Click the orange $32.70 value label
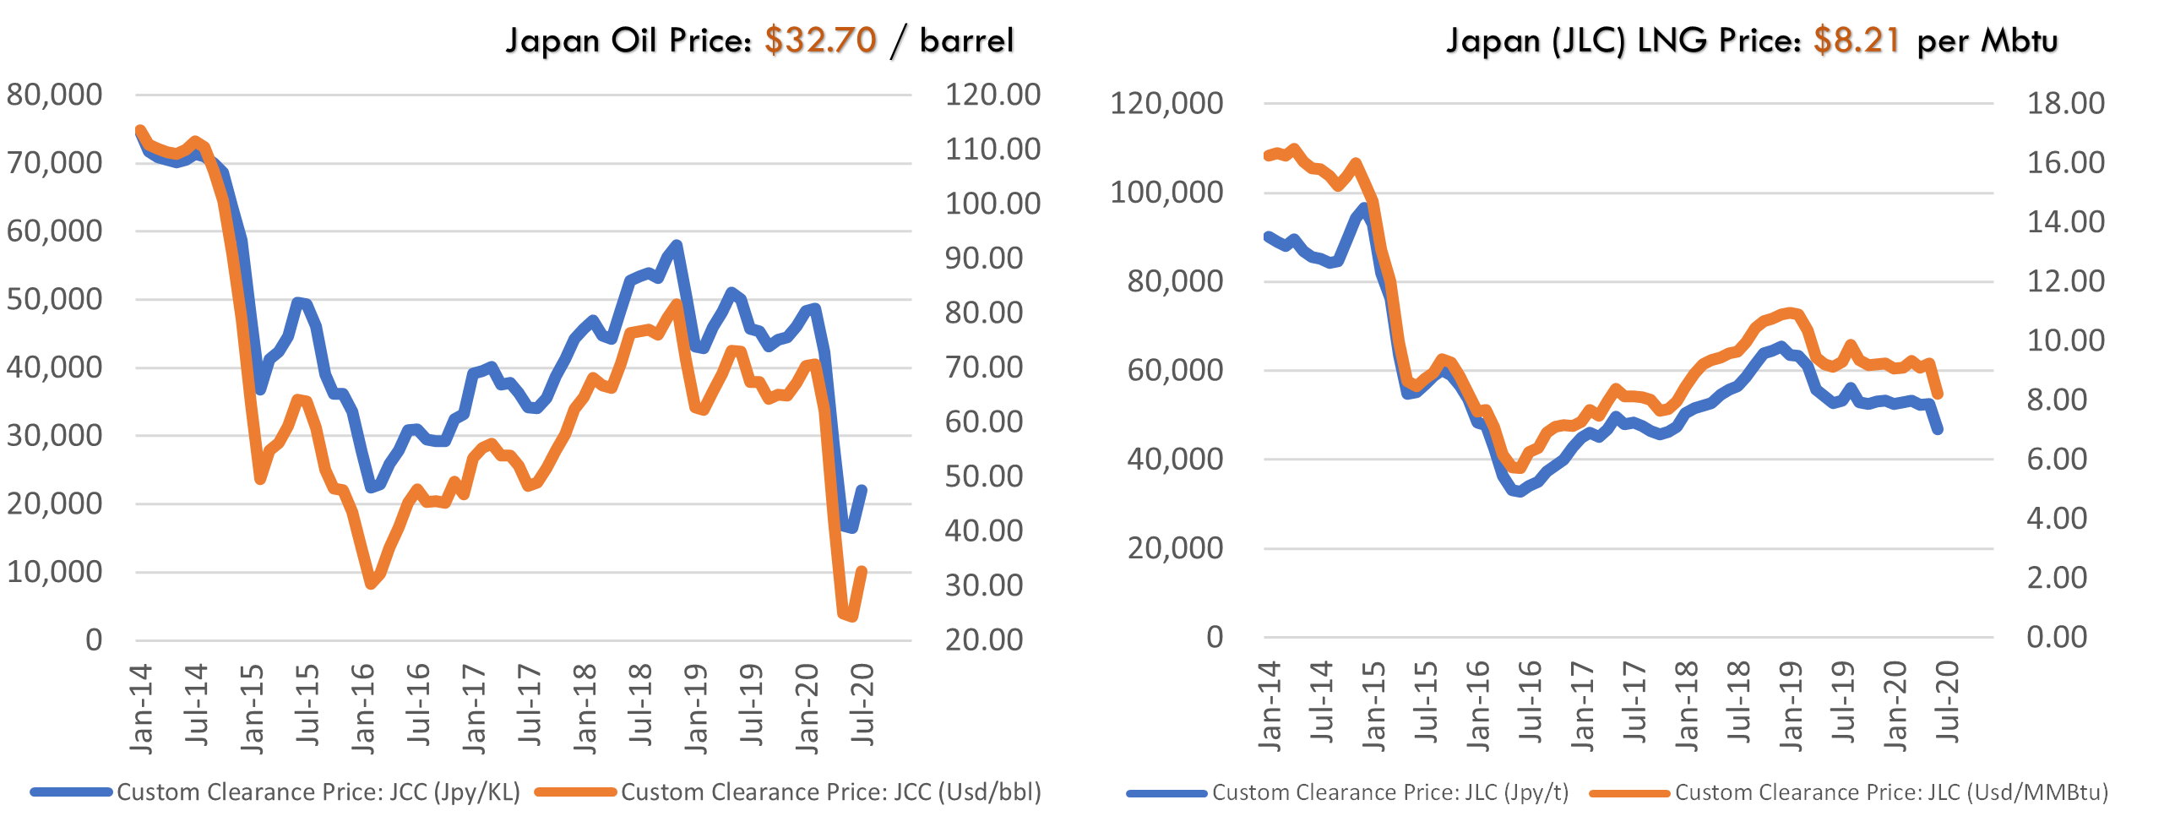click(x=819, y=39)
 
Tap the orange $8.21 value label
click(x=1856, y=39)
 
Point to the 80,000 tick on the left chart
click(x=54, y=95)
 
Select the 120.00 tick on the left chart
click(x=992, y=95)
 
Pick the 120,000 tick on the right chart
click(x=1166, y=104)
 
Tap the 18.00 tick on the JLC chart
click(x=2066, y=104)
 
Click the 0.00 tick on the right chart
click(x=2057, y=637)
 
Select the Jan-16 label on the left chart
click(x=363, y=708)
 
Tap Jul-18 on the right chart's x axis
click(x=1739, y=703)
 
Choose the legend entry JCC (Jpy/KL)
click(x=318, y=792)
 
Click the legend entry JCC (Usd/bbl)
click(x=830, y=792)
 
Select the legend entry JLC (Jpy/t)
click(x=1389, y=792)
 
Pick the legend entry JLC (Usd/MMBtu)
click(x=1891, y=792)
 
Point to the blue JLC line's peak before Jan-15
click(x=1362, y=208)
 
